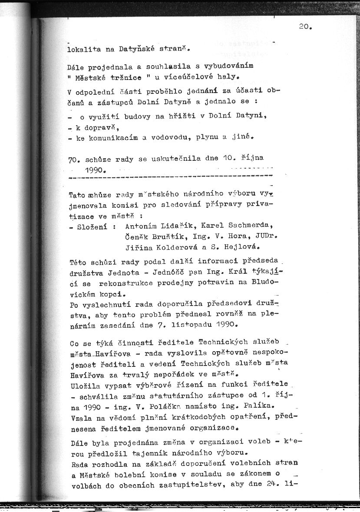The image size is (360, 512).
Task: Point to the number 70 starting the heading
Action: click(73, 159)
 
